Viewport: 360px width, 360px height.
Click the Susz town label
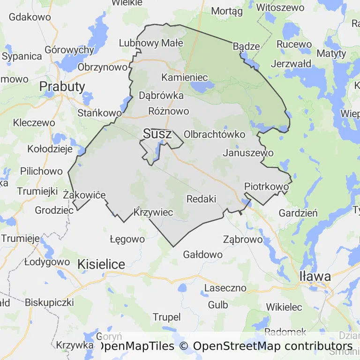click(157, 134)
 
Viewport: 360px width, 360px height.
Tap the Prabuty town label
click(62, 86)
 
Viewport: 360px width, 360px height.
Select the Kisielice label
click(102, 264)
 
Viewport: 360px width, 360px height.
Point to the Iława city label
click(315, 276)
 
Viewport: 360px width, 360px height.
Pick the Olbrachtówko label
click(215, 135)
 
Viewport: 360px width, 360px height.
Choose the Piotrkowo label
click(266, 187)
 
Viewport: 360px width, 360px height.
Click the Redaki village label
click(201, 199)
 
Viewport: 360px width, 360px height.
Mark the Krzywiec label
click(153, 212)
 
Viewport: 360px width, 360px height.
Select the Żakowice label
click(84, 195)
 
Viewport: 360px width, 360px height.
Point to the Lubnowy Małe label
click(151, 43)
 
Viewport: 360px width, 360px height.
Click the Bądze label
click(246, 46)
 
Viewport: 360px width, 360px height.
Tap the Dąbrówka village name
click(161, 96)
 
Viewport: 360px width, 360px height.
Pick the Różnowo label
click(168, 111)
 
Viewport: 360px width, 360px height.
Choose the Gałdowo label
click(202, 255)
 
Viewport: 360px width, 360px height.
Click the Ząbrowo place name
click(243, 239)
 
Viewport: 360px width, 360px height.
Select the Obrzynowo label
click(103, 67)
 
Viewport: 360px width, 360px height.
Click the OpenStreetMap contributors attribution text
click(272, 346)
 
